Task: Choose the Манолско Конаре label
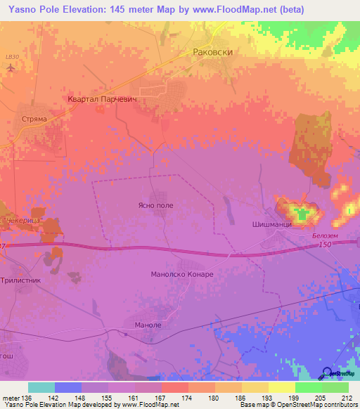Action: [x=182, y=273]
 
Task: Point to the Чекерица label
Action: [x=23, y=221]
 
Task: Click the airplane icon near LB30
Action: [x=11, y=67]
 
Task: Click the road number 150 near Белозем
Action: [x=324, y=244]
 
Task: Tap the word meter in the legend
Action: [x=11, y=398]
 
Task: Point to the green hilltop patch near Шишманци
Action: [x=303, y=215]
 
